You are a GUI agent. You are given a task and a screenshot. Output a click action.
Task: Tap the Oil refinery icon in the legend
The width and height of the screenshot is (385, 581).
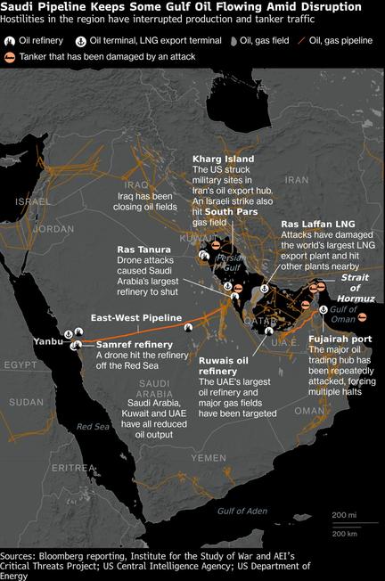(x=12, y=40)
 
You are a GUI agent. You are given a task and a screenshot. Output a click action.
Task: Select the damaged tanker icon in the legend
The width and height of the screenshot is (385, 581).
(x=11, y=56)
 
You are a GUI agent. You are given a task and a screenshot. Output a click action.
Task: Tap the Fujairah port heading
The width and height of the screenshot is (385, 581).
(x=339, y=340)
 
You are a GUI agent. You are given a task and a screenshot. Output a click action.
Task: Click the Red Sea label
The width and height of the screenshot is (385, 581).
(x=92, y=427)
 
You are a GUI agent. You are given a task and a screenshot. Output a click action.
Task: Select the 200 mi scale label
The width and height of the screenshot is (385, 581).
(x=344, y=515)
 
